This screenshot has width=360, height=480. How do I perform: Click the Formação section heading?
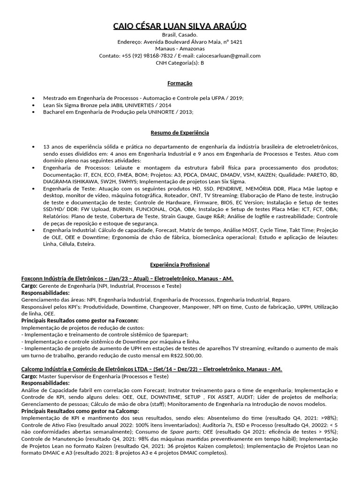(x=180, y=83)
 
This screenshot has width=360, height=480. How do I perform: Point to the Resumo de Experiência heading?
(x=180, y=133)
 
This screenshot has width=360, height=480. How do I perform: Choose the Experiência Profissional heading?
(x=180, y=265)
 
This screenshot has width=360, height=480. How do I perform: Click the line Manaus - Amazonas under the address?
(x=180, y=49)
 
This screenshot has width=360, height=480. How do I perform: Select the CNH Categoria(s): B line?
(x=180, y=62)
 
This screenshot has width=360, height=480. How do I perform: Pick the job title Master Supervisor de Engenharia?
(x=78, y=376)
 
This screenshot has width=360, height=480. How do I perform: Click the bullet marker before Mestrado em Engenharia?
(x=33, y=97)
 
